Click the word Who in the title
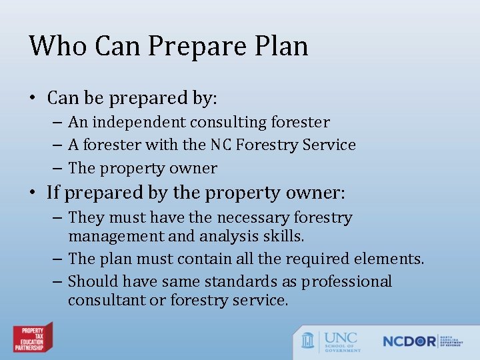pos(59,46)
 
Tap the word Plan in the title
pos(282,46)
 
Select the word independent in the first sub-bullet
pos(139,123)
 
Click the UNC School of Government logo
pos(331,340)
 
